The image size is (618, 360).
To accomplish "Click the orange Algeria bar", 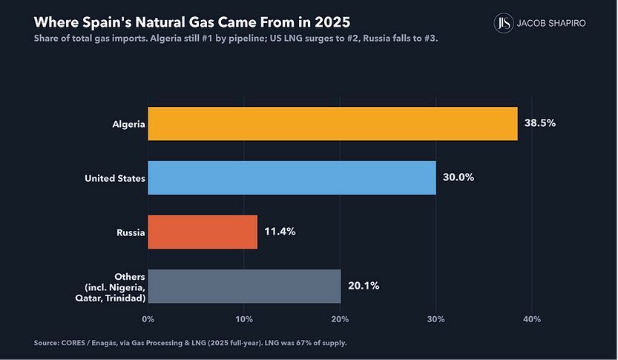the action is [332, 123].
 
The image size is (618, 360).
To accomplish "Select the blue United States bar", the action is [292, 177].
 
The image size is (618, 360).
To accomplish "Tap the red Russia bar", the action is [203, 232].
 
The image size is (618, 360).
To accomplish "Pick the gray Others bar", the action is [244, 287].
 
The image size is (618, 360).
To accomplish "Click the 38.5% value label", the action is [540, 123].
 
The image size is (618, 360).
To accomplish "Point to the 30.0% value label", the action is [458, 177].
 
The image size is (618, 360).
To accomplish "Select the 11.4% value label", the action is [280, 232].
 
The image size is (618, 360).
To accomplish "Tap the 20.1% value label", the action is [364, 286].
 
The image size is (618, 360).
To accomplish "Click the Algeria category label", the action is [128, 124].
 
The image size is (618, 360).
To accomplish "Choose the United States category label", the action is [115, 178].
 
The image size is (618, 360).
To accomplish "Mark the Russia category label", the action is [131, 232].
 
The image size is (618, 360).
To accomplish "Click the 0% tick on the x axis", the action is [148, 319].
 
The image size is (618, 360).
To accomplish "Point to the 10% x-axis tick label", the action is [244, 319].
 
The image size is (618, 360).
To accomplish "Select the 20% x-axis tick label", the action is [340, 319].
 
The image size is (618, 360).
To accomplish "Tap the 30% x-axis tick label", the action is [436, 319].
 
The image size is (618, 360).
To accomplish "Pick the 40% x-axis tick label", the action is [532, 319].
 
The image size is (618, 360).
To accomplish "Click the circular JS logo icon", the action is [504, 23].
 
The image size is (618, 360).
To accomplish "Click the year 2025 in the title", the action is [332, 22].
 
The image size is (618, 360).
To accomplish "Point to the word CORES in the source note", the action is [73, 343].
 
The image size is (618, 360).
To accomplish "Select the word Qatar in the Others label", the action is [88, 298].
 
